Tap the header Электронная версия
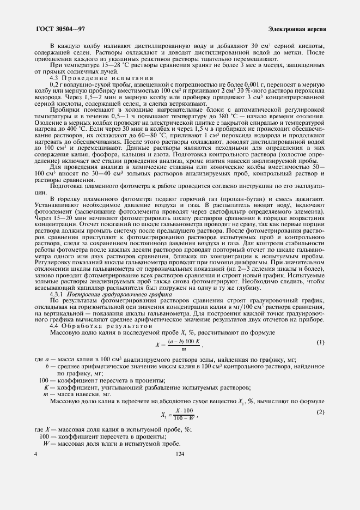[x=297, y=28]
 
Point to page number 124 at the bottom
[x=179, y=453]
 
